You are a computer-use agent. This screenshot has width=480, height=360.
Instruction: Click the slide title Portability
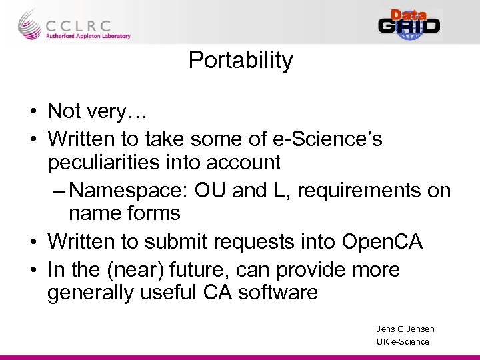(241, 61)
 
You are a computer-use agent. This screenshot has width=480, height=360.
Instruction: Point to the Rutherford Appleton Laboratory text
(88, 36)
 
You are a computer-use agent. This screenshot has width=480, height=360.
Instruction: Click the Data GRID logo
(409, 25)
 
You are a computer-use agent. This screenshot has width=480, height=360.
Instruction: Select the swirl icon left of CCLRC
(29, 25)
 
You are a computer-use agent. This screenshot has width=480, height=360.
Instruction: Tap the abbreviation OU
(209, 191)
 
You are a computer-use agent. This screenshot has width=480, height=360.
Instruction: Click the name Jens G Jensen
(405, 329)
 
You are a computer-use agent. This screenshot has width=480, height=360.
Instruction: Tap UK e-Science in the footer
(403, 342)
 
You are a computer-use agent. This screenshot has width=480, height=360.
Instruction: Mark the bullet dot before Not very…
(34, 112)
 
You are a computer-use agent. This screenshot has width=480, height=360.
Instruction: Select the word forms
(155, 213)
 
